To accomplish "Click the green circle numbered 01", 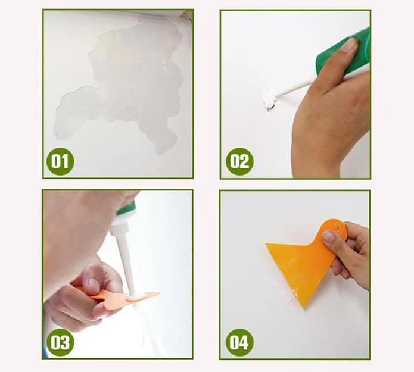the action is [61, 161].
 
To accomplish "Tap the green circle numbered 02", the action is [239, 161].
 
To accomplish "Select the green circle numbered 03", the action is [60, 342].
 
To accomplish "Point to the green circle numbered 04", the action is [239, 342].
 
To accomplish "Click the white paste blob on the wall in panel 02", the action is [270, 98].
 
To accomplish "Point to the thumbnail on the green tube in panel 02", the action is [349, 45].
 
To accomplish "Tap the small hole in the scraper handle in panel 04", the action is [337, 227].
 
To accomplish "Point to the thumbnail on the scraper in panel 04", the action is [329, 236].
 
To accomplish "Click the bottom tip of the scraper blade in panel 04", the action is [304, 308].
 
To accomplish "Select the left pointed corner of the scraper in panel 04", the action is [266, 244].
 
